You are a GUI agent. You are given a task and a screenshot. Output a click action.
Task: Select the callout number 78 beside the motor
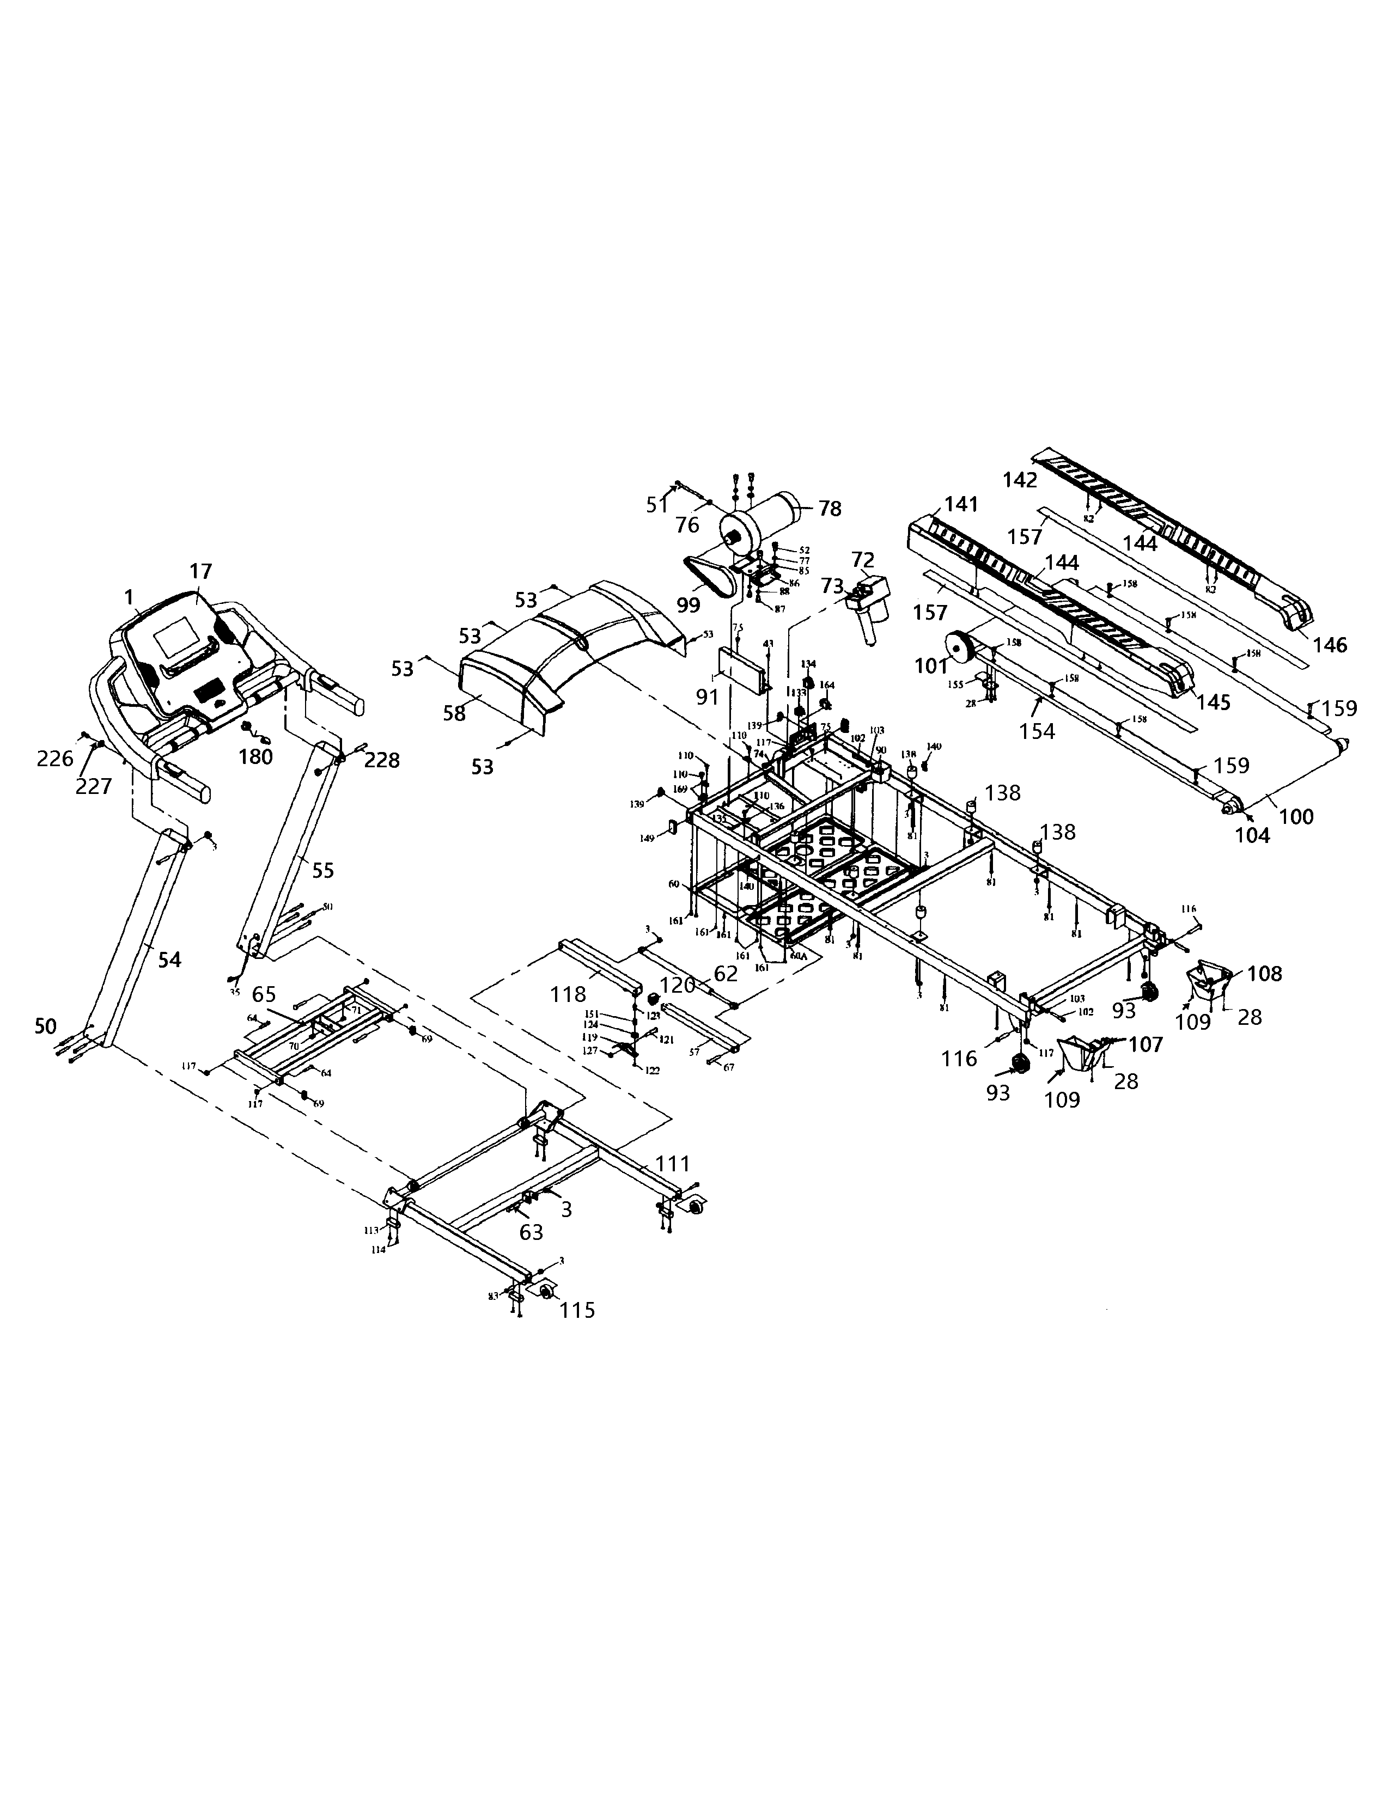point(830,509)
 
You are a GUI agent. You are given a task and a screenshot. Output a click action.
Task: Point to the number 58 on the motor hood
point(454,713)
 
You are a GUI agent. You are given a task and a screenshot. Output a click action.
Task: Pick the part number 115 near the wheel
point(577,1310)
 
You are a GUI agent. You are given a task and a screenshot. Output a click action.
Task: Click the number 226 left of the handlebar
point(55,759)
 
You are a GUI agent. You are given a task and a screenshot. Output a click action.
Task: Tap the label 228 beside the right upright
point(382,760)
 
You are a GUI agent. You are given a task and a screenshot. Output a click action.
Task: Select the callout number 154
point(1037,731)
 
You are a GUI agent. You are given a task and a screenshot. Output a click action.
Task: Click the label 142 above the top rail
point(1020,480)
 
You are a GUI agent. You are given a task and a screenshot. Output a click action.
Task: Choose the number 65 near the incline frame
point(264,994)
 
